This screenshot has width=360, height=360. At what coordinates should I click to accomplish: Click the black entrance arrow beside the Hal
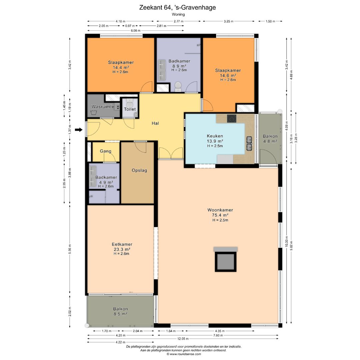[x=79, y=130]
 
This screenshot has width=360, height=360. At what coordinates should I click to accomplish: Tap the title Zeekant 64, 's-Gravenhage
[x=177, y=8]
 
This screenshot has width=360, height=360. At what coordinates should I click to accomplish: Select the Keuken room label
[x=215, y=136]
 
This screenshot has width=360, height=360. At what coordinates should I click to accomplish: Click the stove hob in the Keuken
[x=232, y=118]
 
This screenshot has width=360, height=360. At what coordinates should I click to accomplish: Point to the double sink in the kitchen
[x=249, y=143]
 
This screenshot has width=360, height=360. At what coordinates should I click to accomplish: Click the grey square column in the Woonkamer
[x=226, y=262]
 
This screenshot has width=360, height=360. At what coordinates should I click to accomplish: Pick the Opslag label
[x=139, y=170]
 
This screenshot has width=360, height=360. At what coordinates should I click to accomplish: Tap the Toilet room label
[x=130, y=109]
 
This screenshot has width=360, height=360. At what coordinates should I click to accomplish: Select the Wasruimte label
[x=103, y=107]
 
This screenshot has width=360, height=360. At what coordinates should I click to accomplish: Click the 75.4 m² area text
[x=220, y=215]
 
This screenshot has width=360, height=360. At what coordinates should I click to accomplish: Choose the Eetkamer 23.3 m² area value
[x=122, y=249]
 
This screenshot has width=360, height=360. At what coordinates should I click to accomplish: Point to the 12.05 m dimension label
[x=183, y=339]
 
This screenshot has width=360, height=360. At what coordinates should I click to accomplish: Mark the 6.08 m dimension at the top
[x=135, y=31]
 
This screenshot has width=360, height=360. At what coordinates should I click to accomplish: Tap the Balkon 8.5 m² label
[x=120, y=312]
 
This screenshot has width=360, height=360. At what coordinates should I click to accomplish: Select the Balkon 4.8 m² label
[x=270, y=139]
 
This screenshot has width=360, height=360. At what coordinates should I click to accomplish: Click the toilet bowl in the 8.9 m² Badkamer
[x=178, y=87]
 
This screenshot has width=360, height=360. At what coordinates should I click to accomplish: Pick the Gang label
[x=106, y=151]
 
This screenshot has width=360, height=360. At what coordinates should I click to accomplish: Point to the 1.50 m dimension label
[x=270, y=21]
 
